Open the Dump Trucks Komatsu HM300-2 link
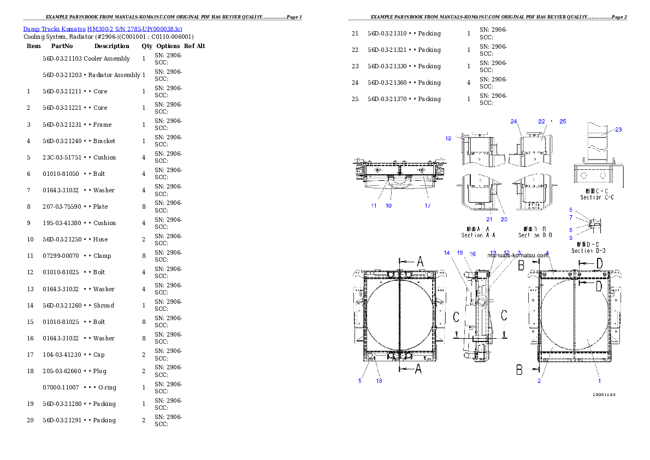(103, 28)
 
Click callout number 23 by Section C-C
(618, 129)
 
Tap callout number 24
(513, 121)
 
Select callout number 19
(448, 139)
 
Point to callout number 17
(428, 205)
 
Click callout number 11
(374, 205)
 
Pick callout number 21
(489, 219)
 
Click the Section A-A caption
(479, 235)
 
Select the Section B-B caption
(535, 235)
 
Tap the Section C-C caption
(597, 197)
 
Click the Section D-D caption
(588, 251)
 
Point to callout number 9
(570, 238)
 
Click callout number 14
(447, 253)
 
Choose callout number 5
(360, 381)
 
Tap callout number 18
(379, 381)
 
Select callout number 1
(599, 381)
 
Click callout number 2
(539, 381)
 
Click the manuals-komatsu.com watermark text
(518, 255)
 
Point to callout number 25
(563, 121)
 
